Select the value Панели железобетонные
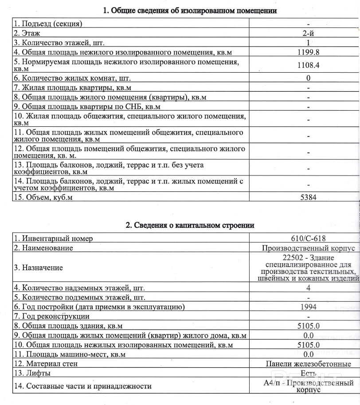(309, 364)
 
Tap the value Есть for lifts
(308, 373)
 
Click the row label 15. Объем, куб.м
(43, 197)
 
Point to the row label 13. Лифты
(32, 373)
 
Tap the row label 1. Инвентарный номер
(53, 238)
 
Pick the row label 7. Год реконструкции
(51, 316)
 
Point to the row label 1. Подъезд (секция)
(48, 23)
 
